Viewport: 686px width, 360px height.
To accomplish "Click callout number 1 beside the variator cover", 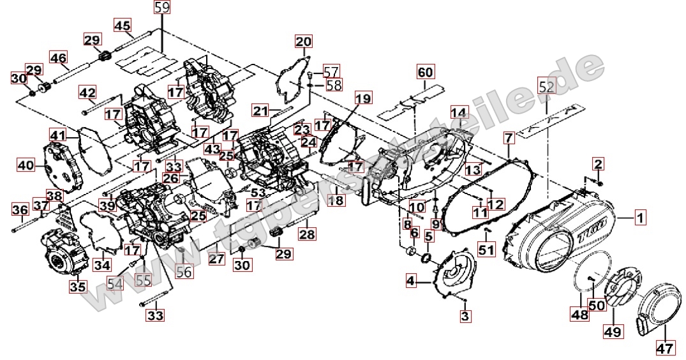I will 640,218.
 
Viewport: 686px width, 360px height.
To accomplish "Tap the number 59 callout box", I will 162,8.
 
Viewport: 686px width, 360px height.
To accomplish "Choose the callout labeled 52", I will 547,87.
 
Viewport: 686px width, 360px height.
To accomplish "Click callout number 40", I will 26,165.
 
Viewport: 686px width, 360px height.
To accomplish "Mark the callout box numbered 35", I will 78,287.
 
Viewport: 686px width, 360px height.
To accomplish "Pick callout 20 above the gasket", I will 303,42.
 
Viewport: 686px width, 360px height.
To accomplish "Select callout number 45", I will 122,26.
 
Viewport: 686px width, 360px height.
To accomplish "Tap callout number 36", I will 20,209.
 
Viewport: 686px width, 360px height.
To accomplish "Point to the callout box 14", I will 459,113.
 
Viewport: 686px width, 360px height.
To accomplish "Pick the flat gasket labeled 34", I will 100,230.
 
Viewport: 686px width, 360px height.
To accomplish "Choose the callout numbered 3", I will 465,315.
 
